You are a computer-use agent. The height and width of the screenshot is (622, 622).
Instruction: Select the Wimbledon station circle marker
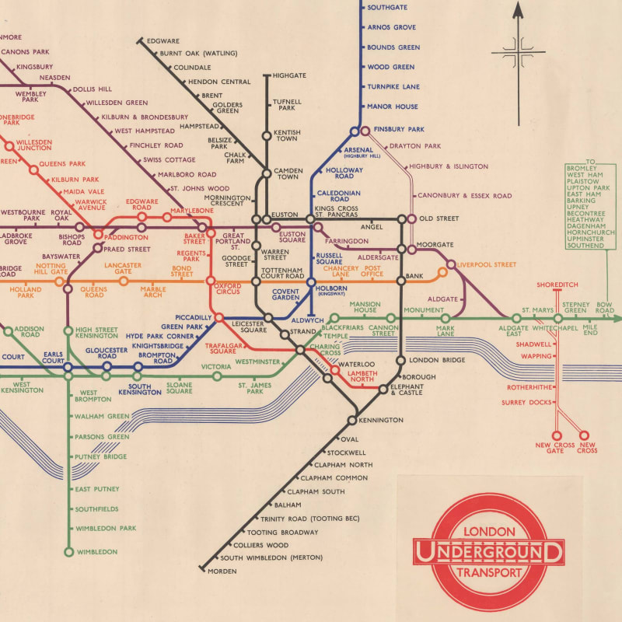click(x=68, y=552)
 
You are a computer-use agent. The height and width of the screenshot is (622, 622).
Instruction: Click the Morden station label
click(x=221, y=571)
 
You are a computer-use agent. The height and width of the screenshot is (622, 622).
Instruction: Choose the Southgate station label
click(x=386, y=9)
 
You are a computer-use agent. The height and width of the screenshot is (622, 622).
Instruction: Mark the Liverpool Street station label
click(x=487, y=265)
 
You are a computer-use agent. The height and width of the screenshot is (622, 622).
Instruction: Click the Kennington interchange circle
click(x=351, y=420)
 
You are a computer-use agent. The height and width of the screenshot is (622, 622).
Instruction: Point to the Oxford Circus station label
click(x=227, y=289)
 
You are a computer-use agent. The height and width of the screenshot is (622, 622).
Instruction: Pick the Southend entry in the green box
click(x=585, y=246)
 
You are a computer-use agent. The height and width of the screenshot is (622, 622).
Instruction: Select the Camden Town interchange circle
click(x=267, y=173)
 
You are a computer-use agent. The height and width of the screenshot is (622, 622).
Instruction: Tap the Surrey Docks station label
click(x=526, y=402)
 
